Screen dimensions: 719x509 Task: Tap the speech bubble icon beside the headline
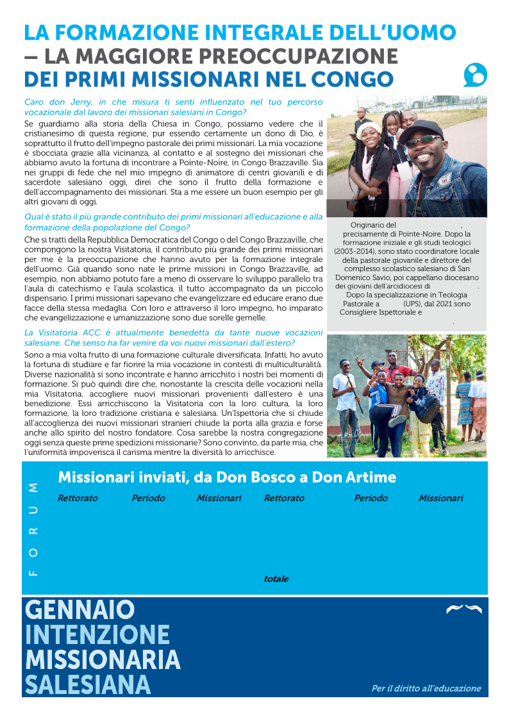(x=475, y=76)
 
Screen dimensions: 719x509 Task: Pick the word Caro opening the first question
(x=34, y=102)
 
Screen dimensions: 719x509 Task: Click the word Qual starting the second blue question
(x=34, y=217)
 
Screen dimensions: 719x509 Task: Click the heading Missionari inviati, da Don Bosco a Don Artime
(x=227, y=477)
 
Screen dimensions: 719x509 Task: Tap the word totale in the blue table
(x=276, y=579)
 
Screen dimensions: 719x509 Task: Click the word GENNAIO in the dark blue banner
(x=79, y=610)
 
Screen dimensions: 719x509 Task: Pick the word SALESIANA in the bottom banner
(x=88, y=684)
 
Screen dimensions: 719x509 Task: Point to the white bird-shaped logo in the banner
(x=463, y=609)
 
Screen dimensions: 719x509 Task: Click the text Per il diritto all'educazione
(x=426, y=688)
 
